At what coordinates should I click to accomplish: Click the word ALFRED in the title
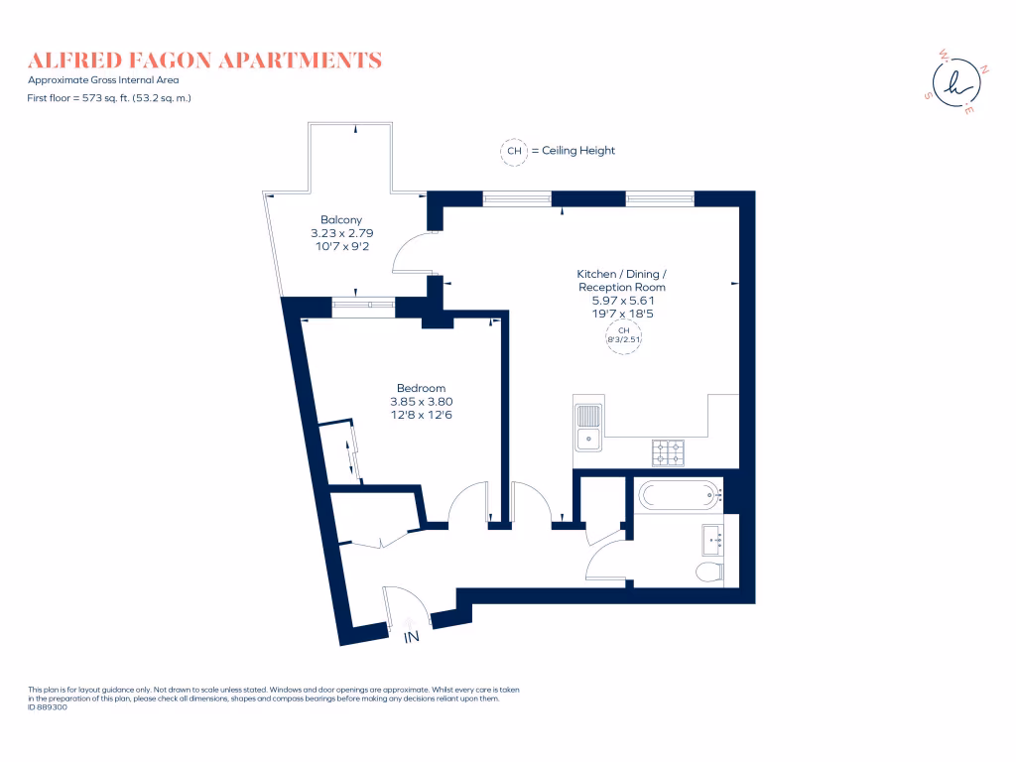[x=75, y=61]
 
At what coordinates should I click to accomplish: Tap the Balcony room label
[x=341, y=220]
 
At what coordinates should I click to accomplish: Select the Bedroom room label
[x=421, y=388]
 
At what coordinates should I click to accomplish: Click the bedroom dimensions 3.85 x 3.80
[x=421, y=402]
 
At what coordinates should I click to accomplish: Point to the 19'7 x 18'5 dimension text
[x=623, y=314]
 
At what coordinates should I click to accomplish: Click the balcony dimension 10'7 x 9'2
[x=342, y=247]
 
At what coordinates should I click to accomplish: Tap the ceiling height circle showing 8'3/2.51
[x=623, y=335]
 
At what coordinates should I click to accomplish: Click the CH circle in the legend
[x=514, y=151]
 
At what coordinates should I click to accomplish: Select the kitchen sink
[x=589, y=427]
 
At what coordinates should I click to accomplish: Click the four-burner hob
[x=668, y=452]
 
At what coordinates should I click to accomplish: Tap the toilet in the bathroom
[x=709, y=572]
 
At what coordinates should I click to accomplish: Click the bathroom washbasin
[x=713, y=540]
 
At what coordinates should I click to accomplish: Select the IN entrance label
[x=412, y=638]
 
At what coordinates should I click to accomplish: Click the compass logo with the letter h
[x=956, y=82]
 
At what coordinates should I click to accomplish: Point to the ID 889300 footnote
[x=48, y=707]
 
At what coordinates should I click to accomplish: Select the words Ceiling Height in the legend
[x=578, y=151]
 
